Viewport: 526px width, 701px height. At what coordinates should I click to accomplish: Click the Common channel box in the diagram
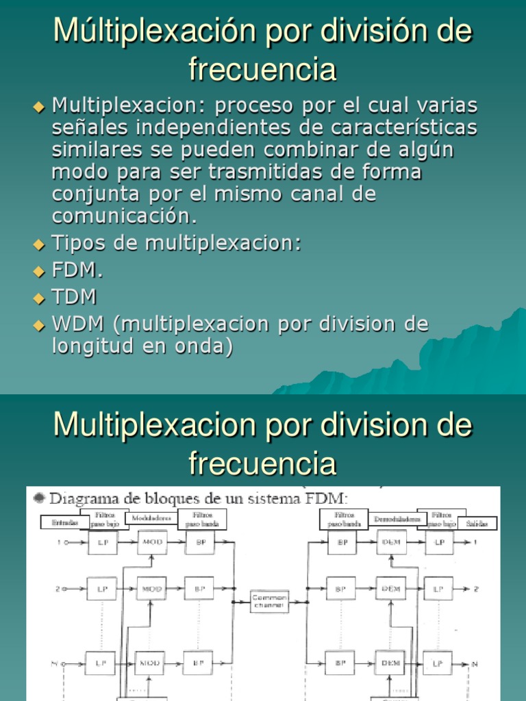[x=269, y=601]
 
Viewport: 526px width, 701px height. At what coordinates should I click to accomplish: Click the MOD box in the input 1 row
[x=151, y=543]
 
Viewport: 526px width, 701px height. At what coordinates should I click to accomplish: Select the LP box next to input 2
[x=101, y=589]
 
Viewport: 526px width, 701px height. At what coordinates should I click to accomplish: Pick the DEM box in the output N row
[x=390, y=662]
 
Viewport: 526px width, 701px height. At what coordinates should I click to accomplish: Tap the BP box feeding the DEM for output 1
[x=340, y=543]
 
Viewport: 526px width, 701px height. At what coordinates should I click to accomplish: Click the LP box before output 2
[x=438, y=589]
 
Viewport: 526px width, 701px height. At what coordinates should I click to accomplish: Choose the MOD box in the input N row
[x=150, y=662]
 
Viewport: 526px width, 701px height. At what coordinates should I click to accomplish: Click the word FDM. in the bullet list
[x=77, y=270]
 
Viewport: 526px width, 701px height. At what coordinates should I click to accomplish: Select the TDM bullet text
[x=74, y=297]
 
